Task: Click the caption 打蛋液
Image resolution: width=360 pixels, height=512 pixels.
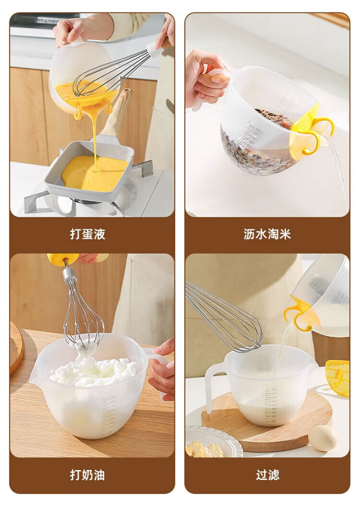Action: tap(87, 234)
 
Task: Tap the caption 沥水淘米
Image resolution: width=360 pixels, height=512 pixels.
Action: tap(267, 234)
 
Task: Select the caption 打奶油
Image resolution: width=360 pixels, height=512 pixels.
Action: tap(87, 475)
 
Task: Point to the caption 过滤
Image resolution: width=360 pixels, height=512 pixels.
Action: tap(267, 475)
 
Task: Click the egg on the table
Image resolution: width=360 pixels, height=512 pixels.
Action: tap(323, 438)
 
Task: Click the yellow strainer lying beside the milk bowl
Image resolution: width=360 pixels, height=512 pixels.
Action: tap(338, 378)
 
